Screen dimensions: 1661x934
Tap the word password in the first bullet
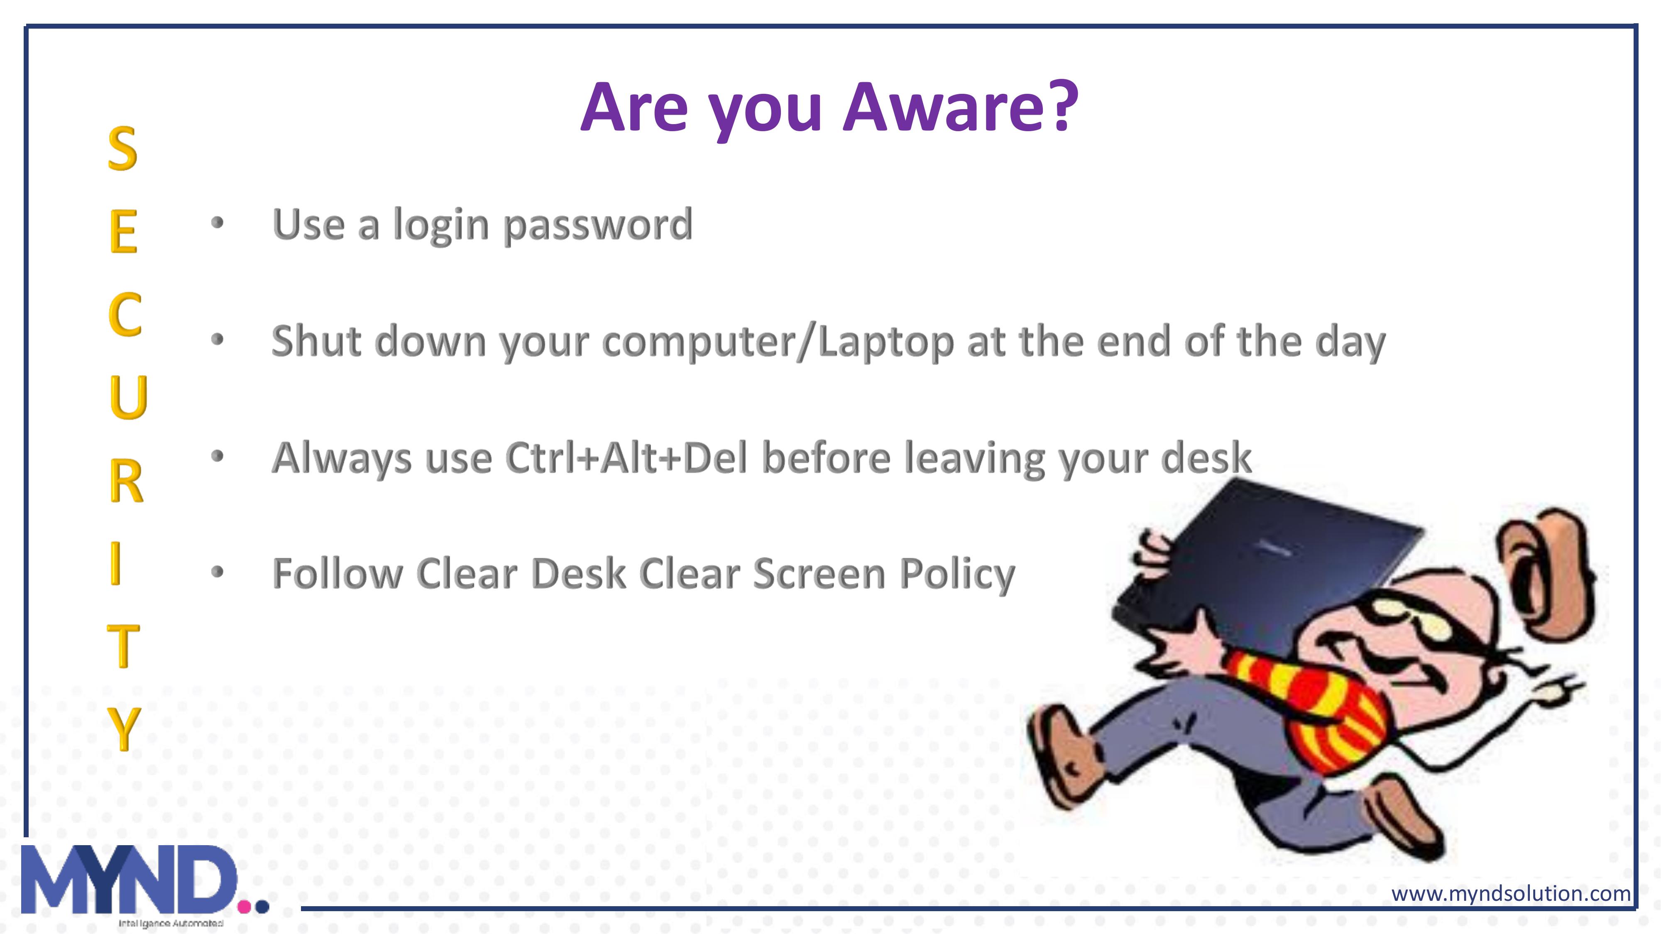[598, 225]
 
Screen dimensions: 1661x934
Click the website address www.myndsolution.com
[1511, 893]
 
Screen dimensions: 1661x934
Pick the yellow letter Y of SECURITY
[123, 729]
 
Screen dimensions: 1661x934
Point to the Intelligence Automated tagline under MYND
[171, 923]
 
